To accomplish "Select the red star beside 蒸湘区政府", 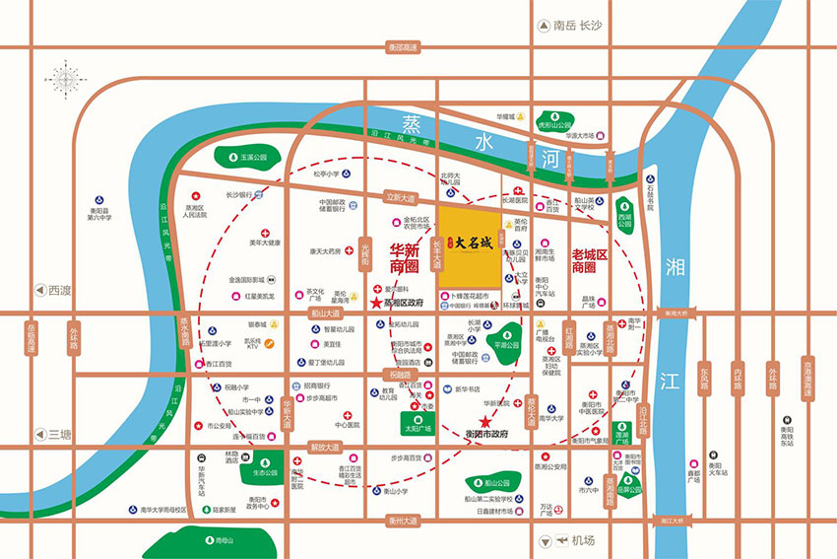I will pos(375,303).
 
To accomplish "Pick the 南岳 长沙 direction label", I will pos(570,28).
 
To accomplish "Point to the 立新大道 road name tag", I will pos(402,196).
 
